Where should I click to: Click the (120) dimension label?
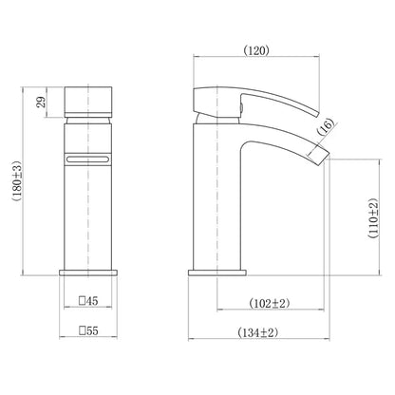click(256, 50)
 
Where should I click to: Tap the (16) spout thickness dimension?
click(326, 126)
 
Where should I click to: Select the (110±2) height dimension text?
click(373, 218)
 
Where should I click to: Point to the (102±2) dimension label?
click(270, 303)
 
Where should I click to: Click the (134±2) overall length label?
click(257, 332)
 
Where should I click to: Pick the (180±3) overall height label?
click(17, 181)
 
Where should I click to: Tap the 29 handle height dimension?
click(41, 103)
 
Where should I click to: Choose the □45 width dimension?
click(88, 301)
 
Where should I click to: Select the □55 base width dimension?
click(88, 331)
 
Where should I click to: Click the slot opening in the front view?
click(88, 159)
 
